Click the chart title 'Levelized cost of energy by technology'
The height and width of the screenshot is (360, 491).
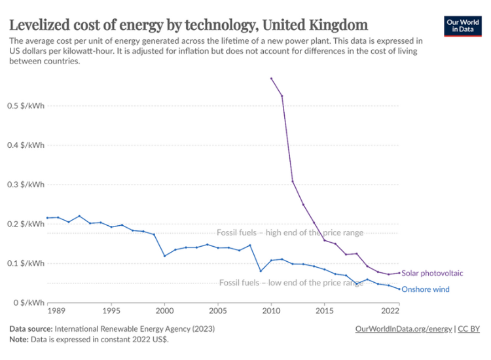pyautogui.click(x=188, y=26)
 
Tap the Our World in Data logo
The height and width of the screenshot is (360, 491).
pyautogui.click(x=462, y=26)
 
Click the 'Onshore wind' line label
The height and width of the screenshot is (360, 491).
pyautogui.click(x=425, y=289)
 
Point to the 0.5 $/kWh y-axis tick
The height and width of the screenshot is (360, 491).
pyautogui.click(x=27, y=106)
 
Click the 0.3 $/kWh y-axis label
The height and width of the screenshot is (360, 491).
pyautogui.click(x=27, y=185)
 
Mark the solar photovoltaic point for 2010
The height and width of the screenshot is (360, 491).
pyautogui.click(x=271, y=78)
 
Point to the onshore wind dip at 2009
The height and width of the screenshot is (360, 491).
pyautogui.click(x=261, y=271)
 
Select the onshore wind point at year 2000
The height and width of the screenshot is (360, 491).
pyautogui.click(x=164, y=256)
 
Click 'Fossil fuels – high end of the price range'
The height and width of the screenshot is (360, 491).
pyautogui.click(x=289, y=233)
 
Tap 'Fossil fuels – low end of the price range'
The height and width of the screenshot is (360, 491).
pyautogui.click(x=291, y=283)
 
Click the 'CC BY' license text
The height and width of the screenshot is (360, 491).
pyautogui.click(x=467, y=329)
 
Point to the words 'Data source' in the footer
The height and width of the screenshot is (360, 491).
pyautogui.click(x=31, y=329)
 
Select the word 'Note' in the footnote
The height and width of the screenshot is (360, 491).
pyautogui.click(x=18, y=339)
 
